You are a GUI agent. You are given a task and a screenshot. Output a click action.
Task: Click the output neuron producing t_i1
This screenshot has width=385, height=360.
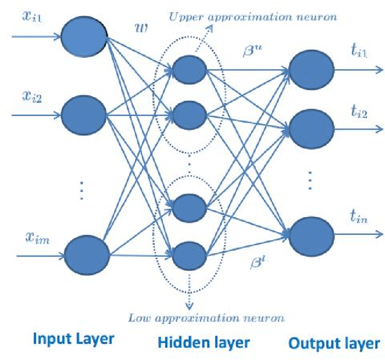312,67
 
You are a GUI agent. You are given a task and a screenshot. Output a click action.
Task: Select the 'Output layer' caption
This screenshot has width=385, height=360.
334,343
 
